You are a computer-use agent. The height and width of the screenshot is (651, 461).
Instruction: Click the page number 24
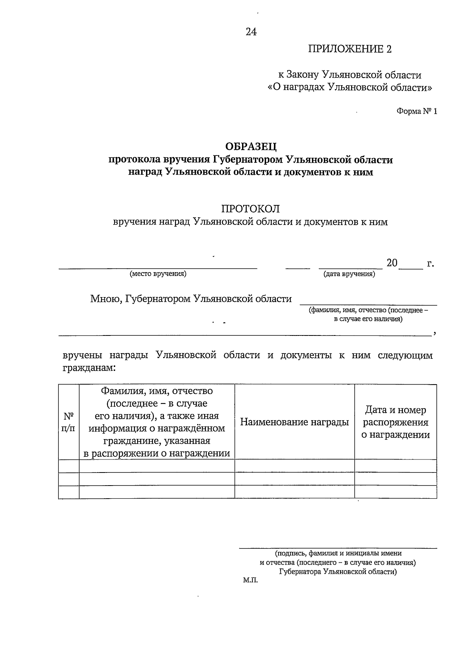(251, 32)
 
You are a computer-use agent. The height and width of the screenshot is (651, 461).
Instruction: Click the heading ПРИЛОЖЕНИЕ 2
(349, 49)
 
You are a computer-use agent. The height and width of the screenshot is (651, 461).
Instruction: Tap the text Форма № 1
(416, 112)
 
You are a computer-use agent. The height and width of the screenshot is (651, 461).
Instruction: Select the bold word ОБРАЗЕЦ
(250, 147)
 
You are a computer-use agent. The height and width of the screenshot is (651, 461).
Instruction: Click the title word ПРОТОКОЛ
(250, 209)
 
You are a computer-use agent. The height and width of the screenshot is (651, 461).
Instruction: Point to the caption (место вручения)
(158, 274)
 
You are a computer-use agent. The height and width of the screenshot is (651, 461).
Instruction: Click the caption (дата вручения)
(349, 274)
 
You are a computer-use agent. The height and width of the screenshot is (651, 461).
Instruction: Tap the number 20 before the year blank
(392, 263)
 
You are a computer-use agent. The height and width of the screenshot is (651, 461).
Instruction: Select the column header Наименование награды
(294, 423)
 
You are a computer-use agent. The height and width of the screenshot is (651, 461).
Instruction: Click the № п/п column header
(68, 422)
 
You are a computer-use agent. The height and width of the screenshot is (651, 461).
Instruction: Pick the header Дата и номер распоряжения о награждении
(395, 422)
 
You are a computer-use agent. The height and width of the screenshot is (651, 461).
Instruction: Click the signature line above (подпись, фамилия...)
(338, 548)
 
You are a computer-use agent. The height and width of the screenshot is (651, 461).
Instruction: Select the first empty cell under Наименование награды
(294, 466)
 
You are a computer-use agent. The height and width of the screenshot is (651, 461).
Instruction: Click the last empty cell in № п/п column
(68, 492)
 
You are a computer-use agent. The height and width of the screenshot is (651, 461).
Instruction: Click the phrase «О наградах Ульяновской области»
(349, 88)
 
